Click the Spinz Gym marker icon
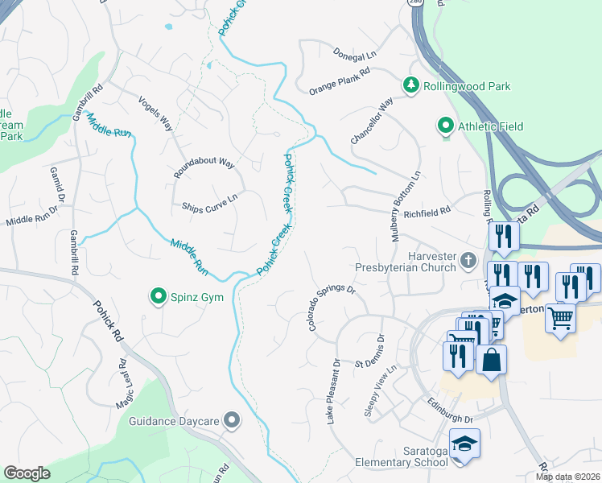[x=159, y=297]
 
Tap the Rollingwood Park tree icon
[x=411, y=85]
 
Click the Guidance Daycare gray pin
[x=233, y=419]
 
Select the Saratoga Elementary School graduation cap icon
[x=464, y=444]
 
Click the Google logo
[x=27, y=473]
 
